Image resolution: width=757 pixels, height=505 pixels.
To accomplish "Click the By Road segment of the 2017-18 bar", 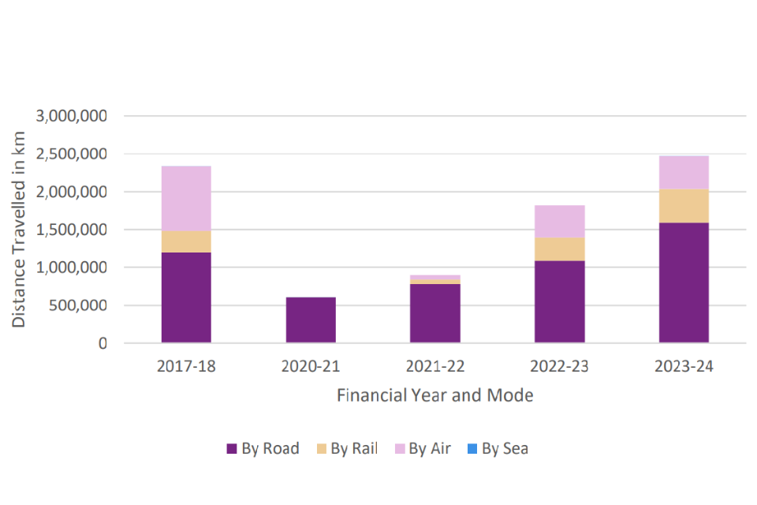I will pyautogui.click(x=186, y=297).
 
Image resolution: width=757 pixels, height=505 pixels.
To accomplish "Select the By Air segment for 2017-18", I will pyautogui.click(x=186, y=198).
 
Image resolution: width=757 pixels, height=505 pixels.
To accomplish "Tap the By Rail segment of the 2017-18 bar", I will pyautogui.click(x=186, y=241).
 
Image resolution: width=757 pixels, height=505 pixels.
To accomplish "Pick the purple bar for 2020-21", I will pyautogui.click(x=311, y=320).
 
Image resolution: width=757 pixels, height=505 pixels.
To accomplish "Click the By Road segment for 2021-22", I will pyautogui.click(x=434, y=313).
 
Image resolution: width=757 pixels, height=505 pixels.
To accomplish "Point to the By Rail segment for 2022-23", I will pyautogui.click(x=559, y=249).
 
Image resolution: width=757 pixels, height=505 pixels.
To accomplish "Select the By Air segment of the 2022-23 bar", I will pyautogui.click(x=559, y=222).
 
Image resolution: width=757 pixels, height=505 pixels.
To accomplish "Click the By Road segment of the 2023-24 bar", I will pyautogui.click(x=684, y=282).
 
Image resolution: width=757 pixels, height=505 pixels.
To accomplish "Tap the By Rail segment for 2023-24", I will pyautogui.click(x=684, y=206).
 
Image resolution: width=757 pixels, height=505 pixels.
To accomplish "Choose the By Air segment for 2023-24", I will pyautogui.click(x=684, y=172).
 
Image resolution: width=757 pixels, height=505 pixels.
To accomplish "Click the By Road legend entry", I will pyautogui.click(x=263, y=449).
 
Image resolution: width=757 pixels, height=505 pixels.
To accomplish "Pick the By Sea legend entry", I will pyautogui.click(x=497, y=449).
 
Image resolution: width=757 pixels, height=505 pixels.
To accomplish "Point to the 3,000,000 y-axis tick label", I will pyautogui.click(x=72, y=116).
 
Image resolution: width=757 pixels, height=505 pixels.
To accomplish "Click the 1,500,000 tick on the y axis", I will pyautogui.click(x=72, y=230).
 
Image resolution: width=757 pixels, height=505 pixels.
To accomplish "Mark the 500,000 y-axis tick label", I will pyautogui.click(x=78, y=305).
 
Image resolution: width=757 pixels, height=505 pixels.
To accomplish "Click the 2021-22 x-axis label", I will pyautogui.click(x=434, y=367).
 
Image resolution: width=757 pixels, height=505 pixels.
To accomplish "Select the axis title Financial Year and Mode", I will pyautogui.click(x=434, y=395).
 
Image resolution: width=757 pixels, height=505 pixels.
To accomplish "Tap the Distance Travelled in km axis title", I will pyautogui.click(x=19, y=230).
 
